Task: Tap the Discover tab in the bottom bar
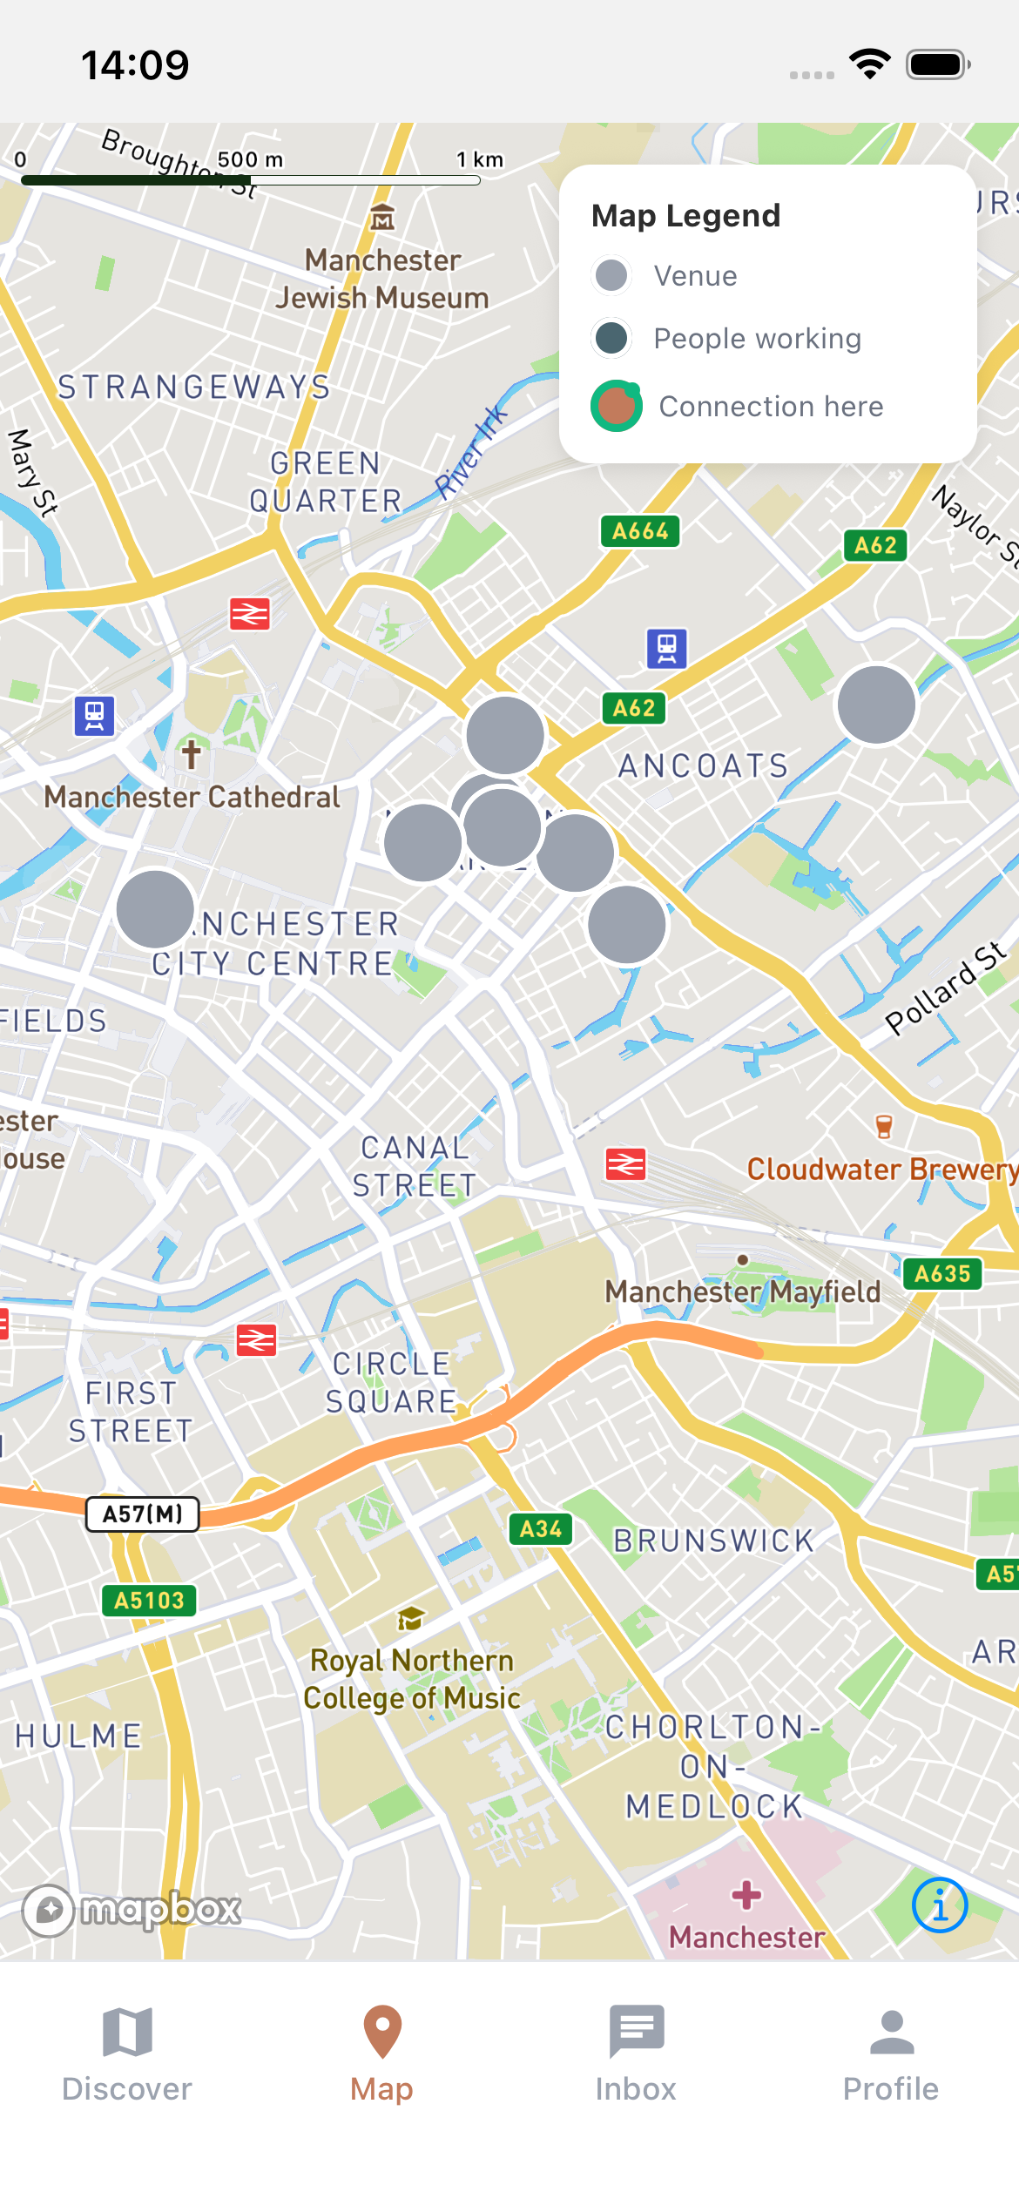tap(127, 2055)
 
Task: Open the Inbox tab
tap(636, 2055)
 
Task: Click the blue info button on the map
tap(940, 1905)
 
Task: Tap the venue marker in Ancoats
tap(876, 705)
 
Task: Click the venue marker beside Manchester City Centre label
tap(155, 908)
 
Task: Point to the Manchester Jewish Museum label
tap(382, 279)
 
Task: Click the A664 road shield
tap(640, 530)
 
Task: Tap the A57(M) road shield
tap(143, 1514)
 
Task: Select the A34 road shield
tap(541, 1529)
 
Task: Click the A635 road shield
tap(942, 1274)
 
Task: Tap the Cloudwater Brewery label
tap(881, 1169)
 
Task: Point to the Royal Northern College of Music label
tap(412, 1679)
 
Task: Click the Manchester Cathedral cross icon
tap(192, 752)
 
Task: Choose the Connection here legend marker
tap(617, 407)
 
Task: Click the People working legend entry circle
tap(611, 338)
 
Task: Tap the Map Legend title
tap(685, 216)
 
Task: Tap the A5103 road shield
tap(149, 1601)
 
